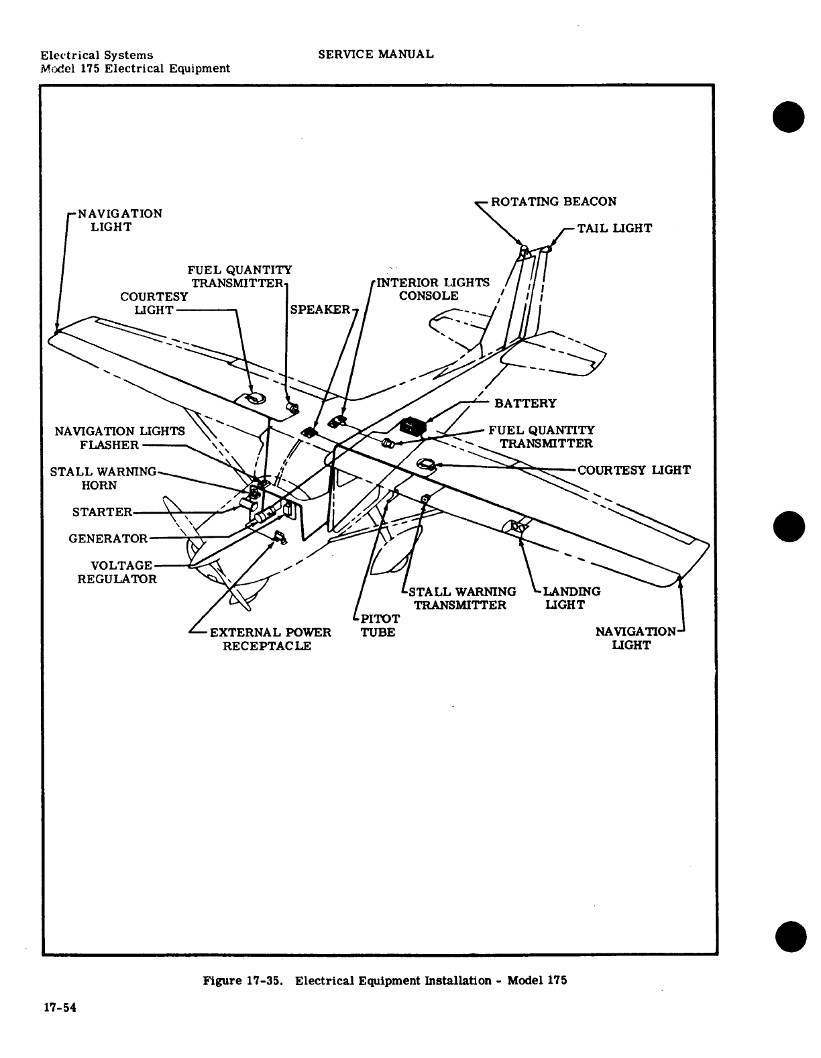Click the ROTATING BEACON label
coord(553,202)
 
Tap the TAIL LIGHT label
coord(614,229)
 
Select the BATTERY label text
coord(525,404)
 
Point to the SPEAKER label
coord(320,309)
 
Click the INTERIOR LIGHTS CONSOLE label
coord(432,290)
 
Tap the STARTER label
coord(103,513)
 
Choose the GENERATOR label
coord(108,539)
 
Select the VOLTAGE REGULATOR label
coord(117,573)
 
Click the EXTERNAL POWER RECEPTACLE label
coord(270,640)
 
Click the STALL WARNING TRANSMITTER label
coord(461,599)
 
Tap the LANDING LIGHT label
coord(571,599)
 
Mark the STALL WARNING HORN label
coord(103,479)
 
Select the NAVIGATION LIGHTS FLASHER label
coord(119,438)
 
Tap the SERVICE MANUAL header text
coord(376,54)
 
